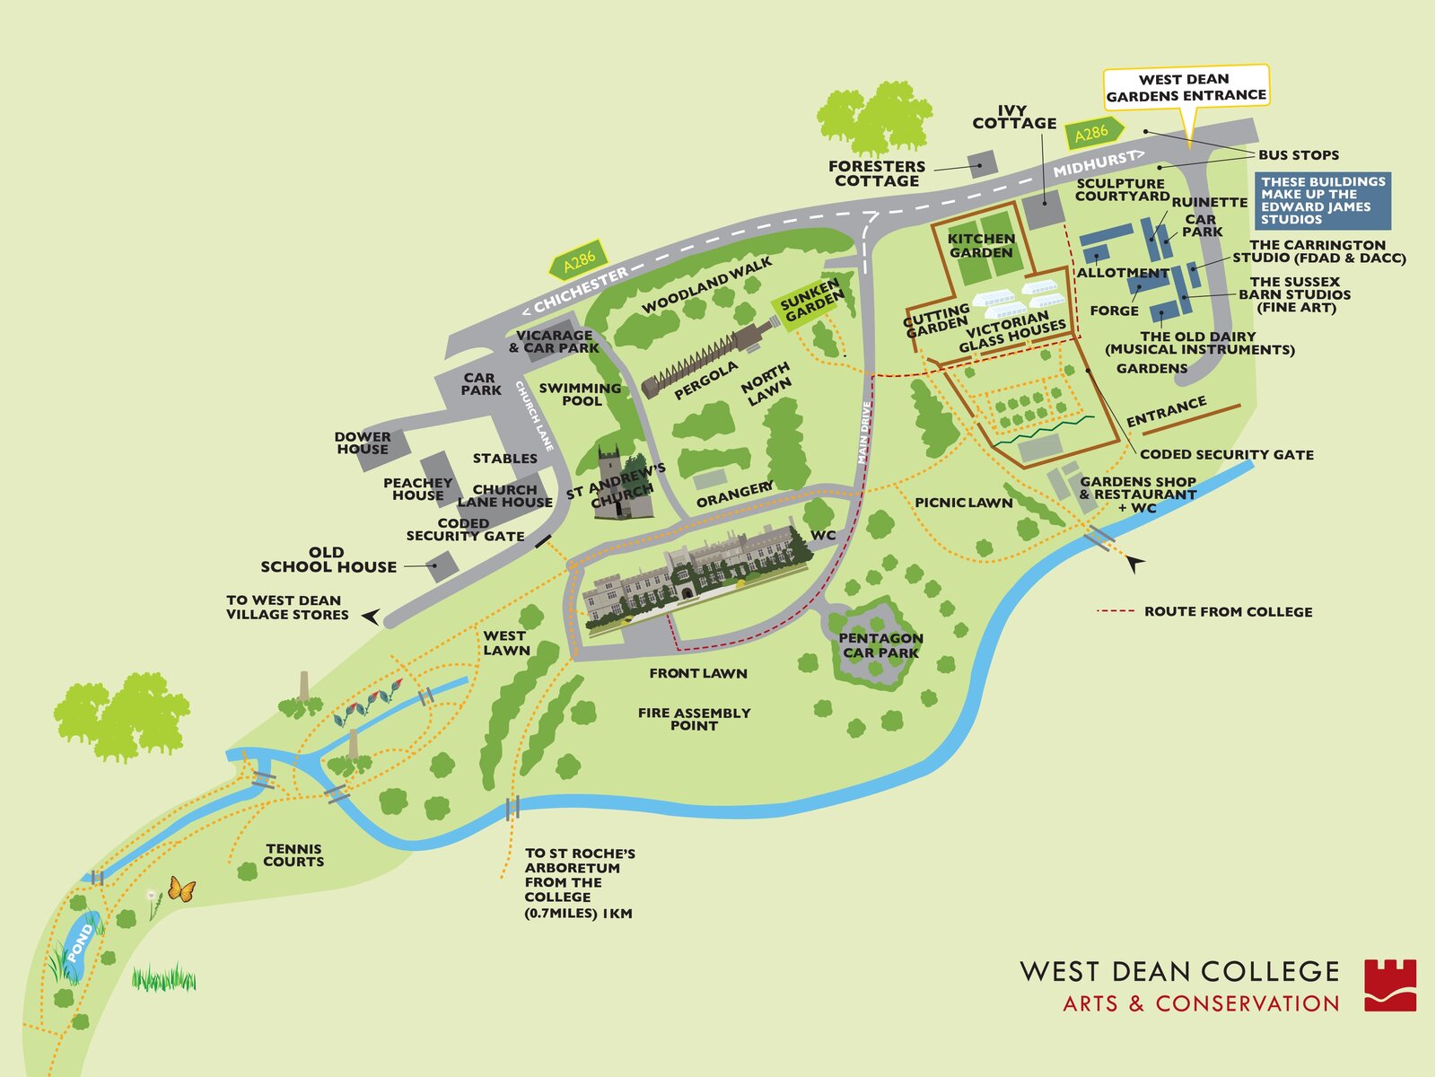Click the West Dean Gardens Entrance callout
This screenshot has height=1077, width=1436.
pyautogui.click(x=1186, y=87)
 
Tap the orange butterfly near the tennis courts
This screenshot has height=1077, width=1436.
pyautogui.click(x=181, y=889)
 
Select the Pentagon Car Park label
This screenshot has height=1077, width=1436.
pyautogui.click(x=880, y=645)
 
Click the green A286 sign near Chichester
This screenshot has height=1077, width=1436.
pyautogui.click(x=579, y=261)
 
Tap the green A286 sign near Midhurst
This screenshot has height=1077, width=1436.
pyautogui.click(x=1092, y=134)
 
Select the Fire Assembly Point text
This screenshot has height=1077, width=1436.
pyautogui.click(x=694, y=719)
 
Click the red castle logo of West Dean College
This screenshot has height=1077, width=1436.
pyautogui.click(x=1390, y=985)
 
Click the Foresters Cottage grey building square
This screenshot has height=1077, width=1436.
pyautogui.click(x=982, y=163)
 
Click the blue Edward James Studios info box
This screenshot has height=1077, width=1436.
pyautogui.click(x=1323, y=200)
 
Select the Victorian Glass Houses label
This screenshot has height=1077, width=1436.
pyautogui.click(x=1011, y=331)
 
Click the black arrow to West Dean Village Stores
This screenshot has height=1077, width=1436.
pyautogui.click(x=371, y=616)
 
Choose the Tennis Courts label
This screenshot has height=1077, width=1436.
pyautogui.click(x=293, y=854)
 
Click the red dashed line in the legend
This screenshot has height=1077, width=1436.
pyautogui.click(x=1116, y=611)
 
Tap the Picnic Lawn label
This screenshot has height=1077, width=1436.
pyautogui.click(x=963, y=503)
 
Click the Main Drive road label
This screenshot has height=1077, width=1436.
pyautogui.click(x=864, y=433)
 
